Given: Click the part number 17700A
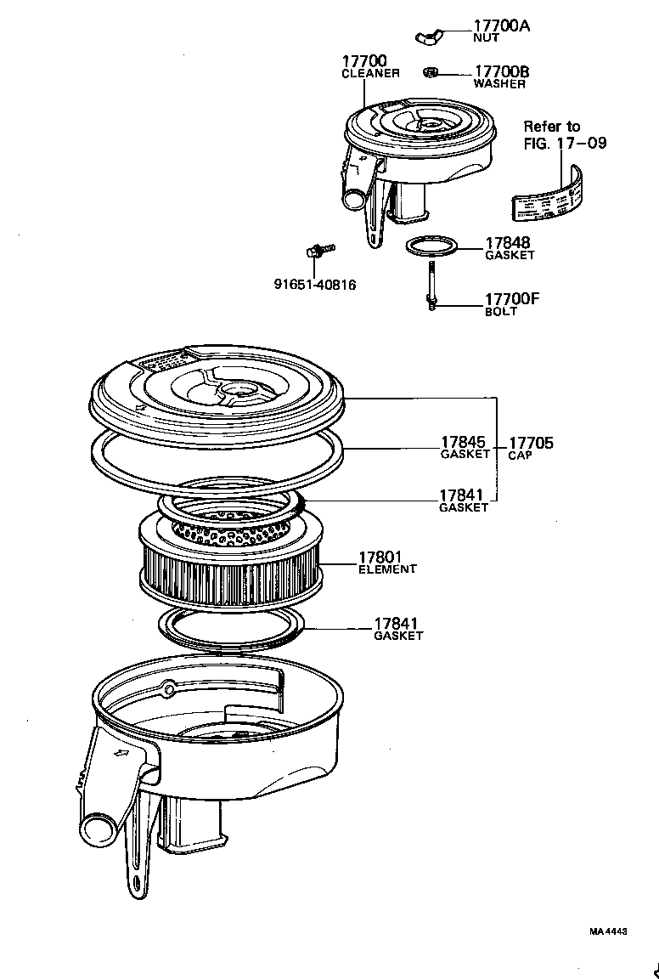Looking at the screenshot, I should click(x=501, y=25).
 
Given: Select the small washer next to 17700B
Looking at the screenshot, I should click(x=431, y=71).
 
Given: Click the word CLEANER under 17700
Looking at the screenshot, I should click(x=370, y=74).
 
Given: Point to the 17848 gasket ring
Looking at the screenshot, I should click(x=432, y=247).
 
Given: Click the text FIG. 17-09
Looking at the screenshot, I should click(x=565, y=143).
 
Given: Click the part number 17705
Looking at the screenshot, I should click(x=531, y=442).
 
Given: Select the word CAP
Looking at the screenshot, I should click(x=520, y=456).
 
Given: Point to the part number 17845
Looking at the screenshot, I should click(x=463, y=442).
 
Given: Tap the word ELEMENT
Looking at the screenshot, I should click(x=387, y=569).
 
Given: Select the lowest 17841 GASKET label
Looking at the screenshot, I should click(x=397, y=629).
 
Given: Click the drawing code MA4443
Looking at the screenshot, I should click(x=608, y=931).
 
